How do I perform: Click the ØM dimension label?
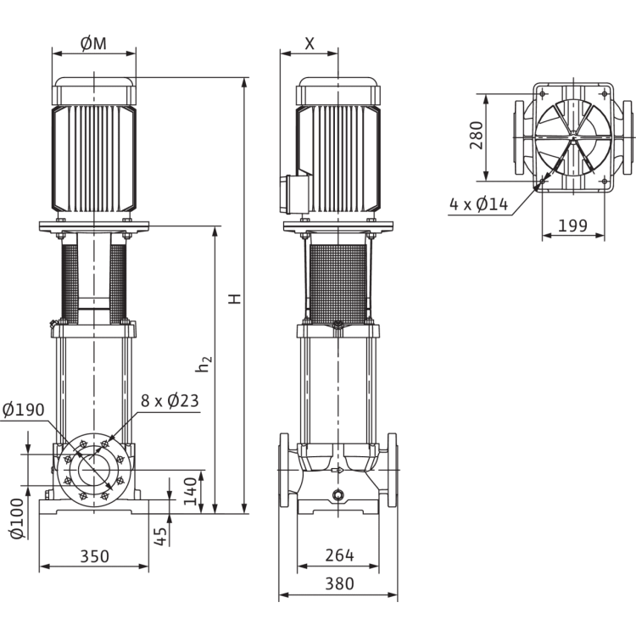click(x=94, y=44)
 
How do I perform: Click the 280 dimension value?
click(x=476, y=136)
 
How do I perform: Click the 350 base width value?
click(x=94, y=556)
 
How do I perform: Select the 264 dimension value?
click(x=339, y=556)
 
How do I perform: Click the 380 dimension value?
click(x=339, y=584)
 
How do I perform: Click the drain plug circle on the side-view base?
click(x=338, y=495)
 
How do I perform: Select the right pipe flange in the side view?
click(x=392, y=472)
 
